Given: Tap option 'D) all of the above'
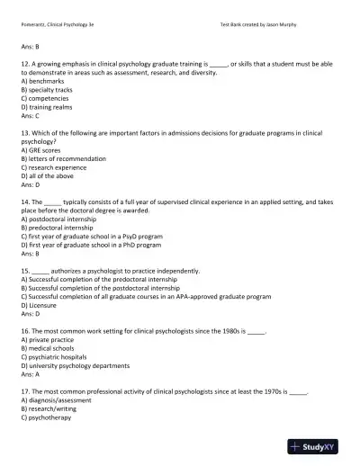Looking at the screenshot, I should pos(49,180).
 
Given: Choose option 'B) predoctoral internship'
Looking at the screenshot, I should pos(59,229).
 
